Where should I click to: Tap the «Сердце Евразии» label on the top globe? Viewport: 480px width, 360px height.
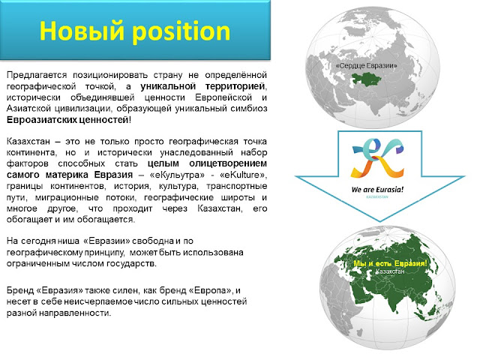[367, 67]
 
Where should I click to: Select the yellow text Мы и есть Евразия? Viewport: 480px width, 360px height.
[389, 265]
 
